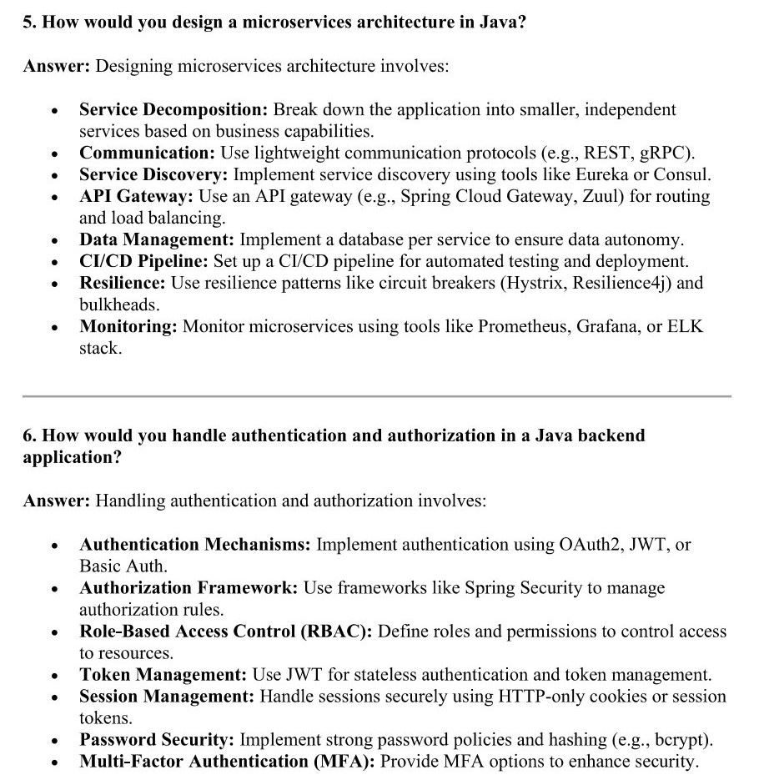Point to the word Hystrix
pyautogui.click(x=530, y=283)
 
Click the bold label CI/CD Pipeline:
pyautogui.click(x=143, y=261)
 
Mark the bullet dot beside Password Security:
pyautogui.click(x=54, y=741)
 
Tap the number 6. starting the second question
pyautogui.click(x=29, y=435)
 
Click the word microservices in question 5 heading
pyautogui.click(x=298, y=23)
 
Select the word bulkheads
pyautogui.click(x=119, y=304)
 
